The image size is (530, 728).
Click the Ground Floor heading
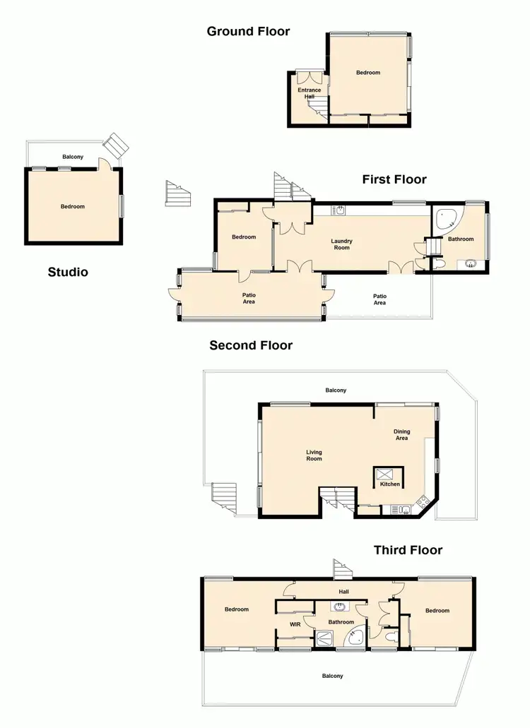click(248, 31)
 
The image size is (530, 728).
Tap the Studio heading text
click(68, 272)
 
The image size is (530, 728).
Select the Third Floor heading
click(408, 550)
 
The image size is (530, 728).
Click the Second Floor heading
click(250, 345)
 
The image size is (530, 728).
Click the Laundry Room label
click(341, 244)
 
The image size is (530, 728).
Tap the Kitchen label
click(390, 484)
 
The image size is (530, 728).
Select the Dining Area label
click(401, 435)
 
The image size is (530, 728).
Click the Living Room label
click(314, 455)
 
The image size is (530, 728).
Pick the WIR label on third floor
click(295, 624)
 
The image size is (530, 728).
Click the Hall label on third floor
click(343, 592)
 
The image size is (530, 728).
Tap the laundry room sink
click(340, 210)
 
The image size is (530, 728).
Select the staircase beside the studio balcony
click(116, 147)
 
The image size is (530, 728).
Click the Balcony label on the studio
click(73, 157)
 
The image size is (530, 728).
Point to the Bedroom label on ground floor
click(367, 73)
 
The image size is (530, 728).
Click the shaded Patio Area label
click(249, 299)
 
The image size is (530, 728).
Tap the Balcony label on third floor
click(332, 676)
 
